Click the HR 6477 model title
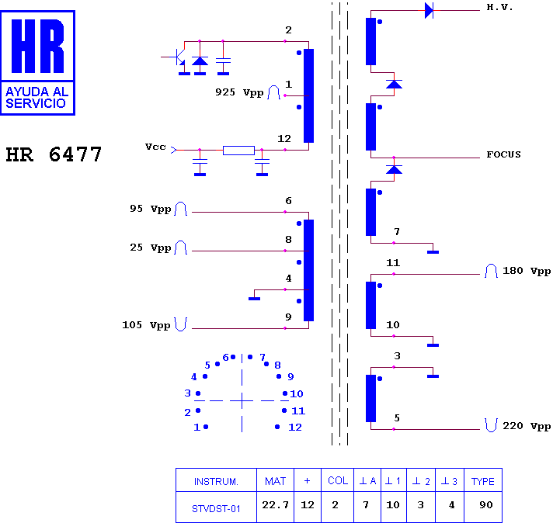54,154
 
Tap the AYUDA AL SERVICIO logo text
37,97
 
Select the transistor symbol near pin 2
180,57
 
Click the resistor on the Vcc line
238,151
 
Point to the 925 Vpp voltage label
239,92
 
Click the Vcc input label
155,147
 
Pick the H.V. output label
499,8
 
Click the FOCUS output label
503,154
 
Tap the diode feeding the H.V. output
429,10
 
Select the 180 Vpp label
527,271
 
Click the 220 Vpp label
527,426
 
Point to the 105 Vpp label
146,325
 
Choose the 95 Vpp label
150,209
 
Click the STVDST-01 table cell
216,508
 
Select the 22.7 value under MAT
275,505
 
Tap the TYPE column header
483,481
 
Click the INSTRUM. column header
216,481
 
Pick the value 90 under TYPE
485,505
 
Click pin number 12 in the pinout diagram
295,428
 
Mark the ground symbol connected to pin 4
254,299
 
